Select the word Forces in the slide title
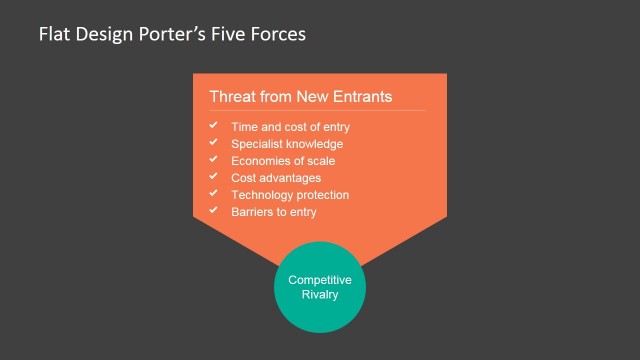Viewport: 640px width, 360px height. [277, 34]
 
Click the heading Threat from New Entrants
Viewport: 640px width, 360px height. [300, 97]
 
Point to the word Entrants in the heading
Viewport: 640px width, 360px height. [361, 97]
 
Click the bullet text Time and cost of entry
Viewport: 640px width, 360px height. [290, 127]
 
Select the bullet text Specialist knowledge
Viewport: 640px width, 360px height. [287, 144]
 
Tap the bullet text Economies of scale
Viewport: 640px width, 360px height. [283, 161]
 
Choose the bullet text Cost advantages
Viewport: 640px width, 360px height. [276, 178]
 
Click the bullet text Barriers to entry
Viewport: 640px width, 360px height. [274, 212]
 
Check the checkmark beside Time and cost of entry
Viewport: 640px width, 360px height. [213, 126]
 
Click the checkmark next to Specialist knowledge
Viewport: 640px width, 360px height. [213, 143]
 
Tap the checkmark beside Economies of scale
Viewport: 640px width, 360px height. [213, 160]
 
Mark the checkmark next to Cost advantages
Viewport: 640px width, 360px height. [213, 177]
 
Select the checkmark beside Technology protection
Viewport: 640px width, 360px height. [213, 194]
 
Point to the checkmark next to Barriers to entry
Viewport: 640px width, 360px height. [213, 211]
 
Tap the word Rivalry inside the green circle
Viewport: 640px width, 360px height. [320, 294]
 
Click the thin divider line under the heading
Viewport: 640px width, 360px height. [317, 110]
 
